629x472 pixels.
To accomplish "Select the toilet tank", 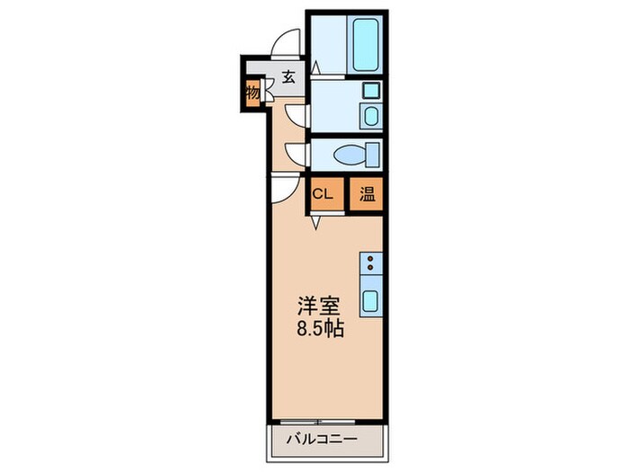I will coord(371,155).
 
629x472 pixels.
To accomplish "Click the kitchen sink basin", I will coord(370,300).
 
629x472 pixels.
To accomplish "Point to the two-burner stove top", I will coord(370,264).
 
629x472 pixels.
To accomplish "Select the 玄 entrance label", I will coord(288,76).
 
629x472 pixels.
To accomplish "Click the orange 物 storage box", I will coord(252,93).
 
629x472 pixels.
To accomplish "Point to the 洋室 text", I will coord(319,304).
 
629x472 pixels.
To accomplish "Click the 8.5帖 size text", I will coord(320,327).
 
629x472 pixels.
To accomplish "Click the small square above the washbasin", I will coord(369,91).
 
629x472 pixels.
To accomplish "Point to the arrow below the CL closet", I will coord(316,221).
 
